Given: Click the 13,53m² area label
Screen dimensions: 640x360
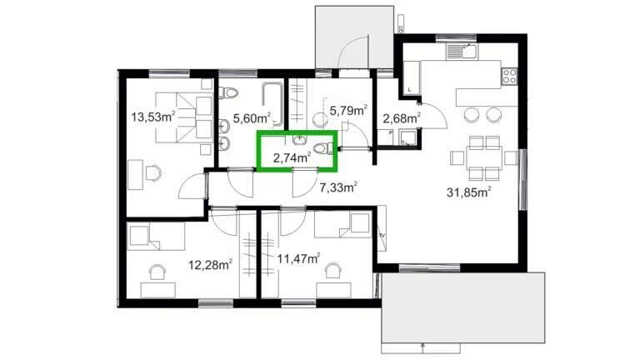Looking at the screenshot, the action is (x=153, y=117).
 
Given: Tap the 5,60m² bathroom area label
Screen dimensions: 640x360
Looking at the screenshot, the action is (x=252, y=118).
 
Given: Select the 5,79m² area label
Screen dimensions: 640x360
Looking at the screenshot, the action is (x=348, y=110).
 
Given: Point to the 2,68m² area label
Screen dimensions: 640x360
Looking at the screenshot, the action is (x=402, y=118).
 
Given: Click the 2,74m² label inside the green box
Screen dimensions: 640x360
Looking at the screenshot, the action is (x=292, y=157).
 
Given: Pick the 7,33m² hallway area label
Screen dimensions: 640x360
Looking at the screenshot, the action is (x=339, y=187).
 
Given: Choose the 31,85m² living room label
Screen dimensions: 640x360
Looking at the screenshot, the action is (x=468, y=192).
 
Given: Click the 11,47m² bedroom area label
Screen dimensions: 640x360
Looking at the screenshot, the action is (x=299, y=258).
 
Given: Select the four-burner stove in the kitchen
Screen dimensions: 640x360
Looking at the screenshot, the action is (x=509, y=76).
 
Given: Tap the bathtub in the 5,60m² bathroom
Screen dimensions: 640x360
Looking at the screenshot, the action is (x=272, y=103).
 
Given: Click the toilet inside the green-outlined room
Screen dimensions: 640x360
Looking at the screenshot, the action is (x=323, y=148).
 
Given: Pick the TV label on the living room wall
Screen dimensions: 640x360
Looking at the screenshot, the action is (x=382, y=236).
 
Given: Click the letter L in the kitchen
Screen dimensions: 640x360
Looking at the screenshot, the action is (x=409, y=89).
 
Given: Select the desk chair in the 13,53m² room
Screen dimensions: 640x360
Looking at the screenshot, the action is (x=153, y=173).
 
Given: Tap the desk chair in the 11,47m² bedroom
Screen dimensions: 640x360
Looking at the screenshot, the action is (x=333, y=271).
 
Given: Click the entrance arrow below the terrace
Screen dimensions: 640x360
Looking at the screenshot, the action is (x=422, y=348).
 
